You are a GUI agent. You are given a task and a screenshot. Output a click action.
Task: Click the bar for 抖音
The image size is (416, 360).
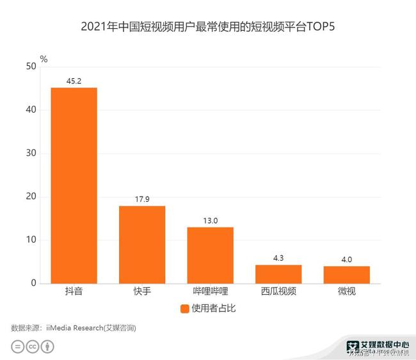point(74,185)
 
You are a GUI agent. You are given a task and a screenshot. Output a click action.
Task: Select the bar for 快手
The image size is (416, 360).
point(142,244)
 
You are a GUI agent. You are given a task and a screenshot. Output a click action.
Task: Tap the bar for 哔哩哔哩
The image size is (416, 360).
point(210,255)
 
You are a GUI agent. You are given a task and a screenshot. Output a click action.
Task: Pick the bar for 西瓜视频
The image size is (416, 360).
point(278,274)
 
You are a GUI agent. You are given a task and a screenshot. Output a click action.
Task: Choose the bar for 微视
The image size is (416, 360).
point(346,274)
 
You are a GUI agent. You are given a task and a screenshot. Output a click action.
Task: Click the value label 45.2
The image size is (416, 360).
point(74,81)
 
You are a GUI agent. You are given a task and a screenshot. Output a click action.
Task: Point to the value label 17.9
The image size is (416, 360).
point(142,199)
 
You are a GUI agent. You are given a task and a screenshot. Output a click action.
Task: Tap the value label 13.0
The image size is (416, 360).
point(210,220)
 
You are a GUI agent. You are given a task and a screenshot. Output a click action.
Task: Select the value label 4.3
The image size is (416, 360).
point(278,258)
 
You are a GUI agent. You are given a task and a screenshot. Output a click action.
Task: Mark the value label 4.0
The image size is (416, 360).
point(346,259)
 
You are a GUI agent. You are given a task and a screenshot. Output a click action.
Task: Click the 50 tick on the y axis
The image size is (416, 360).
point(30,67)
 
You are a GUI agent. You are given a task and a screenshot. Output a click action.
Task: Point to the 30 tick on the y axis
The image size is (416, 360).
point(30,153)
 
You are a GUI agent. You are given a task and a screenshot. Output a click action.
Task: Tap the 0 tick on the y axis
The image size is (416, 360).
point(33,283)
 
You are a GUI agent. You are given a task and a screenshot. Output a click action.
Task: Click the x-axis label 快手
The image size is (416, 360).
point(142,291)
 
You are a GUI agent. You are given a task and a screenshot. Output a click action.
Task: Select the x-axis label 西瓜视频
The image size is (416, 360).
point(278,291)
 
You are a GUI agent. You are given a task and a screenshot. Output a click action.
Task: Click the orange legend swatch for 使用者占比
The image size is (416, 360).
point(185,309)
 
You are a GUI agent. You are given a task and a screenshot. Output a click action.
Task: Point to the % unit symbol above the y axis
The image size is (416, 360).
point(44,59)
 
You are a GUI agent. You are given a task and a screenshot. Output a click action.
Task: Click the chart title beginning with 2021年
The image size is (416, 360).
point(207,28)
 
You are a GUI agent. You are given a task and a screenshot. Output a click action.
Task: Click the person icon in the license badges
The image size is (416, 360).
point(47,347)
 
